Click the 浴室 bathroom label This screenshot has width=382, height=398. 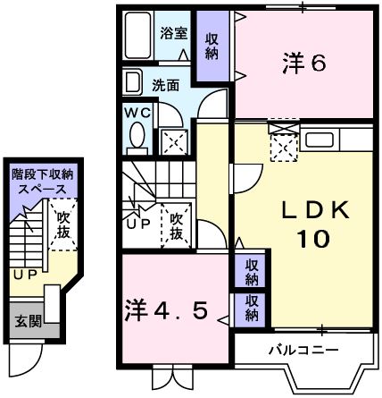[x=173, y=34]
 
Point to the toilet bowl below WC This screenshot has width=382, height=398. [x=137, y=136]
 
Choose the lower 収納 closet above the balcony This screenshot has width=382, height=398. [x=252, y=309]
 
